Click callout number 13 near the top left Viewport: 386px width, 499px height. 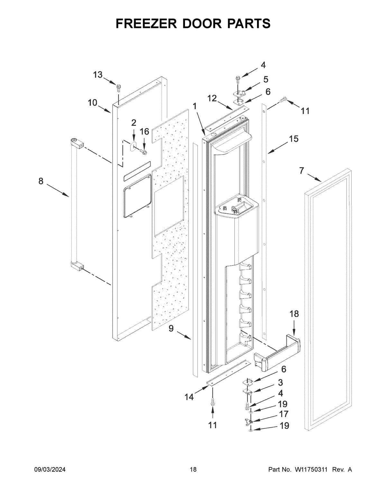pyautogui.click(x=98, y=75)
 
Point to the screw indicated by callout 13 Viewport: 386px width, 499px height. pyautogui.click(x=119, y=87)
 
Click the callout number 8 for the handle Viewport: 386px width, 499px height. pyautogui.click(x=41, y=181)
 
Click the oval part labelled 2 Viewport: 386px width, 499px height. pyautogui.click(x=132, y=146)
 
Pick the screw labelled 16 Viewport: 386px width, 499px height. pyautogui.click(x=143, y=150)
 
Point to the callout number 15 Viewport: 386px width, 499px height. pyautogui.click(x=293, y=139)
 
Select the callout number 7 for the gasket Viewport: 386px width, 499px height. pyautogui.click(x=301, y=171)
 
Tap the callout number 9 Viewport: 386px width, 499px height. pyautogui.click(x=171, y=328)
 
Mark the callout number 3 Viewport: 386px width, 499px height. pyautogui.click(x=280, y=382)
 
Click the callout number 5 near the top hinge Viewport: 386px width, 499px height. pyautogui.click(x=266, y=79)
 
